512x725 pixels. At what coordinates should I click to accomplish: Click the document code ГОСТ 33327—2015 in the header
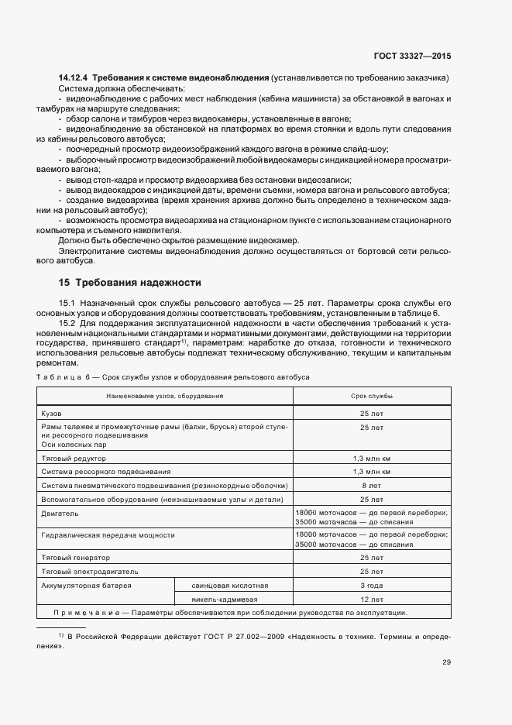[412, 56]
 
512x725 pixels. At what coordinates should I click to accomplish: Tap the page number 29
[447, 662]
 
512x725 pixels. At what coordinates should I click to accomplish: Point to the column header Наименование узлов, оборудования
[165, 396]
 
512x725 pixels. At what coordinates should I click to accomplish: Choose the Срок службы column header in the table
[371, 396]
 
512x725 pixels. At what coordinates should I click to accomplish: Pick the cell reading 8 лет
[371, 485]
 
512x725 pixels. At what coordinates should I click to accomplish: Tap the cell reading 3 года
[371, 585]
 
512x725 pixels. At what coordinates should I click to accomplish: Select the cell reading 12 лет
[371, 599]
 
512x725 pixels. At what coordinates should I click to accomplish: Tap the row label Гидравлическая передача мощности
[108, 534]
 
